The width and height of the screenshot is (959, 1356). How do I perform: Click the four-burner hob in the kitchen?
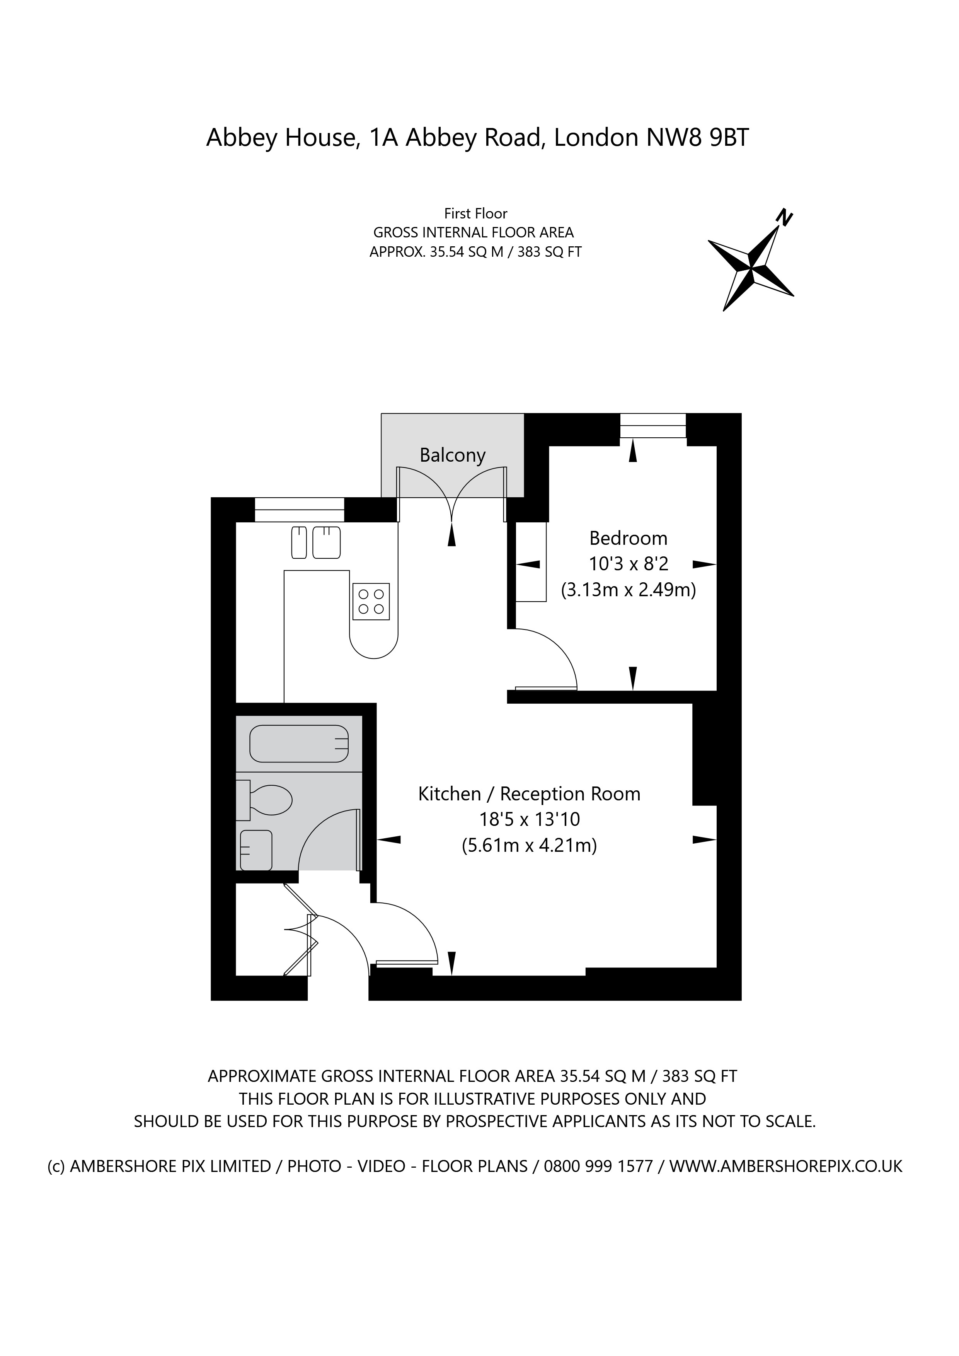[371, 601]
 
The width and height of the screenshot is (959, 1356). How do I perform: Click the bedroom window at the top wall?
[653, 426]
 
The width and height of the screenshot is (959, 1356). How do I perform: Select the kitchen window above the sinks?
[300, 510]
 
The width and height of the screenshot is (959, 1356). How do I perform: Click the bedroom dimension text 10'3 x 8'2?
[628, 564]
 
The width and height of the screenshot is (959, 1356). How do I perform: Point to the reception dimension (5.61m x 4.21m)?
[529, 846]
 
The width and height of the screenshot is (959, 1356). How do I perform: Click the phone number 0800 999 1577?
[598, 1167]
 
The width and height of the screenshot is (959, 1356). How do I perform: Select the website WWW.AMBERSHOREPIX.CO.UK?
[785, 1167]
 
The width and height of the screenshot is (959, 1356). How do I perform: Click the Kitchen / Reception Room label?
[529, 794]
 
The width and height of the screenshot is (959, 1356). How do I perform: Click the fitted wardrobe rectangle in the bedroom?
[531, 562]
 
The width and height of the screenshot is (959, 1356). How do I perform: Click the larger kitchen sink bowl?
[327, 542]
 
